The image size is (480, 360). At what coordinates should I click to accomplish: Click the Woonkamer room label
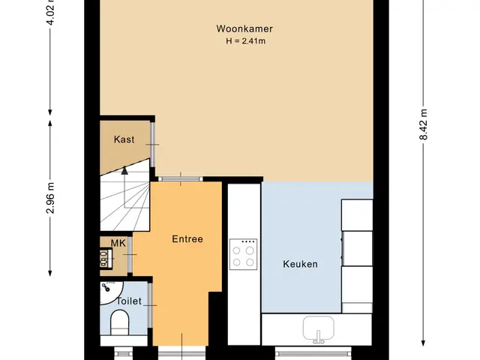(x=244, y=28)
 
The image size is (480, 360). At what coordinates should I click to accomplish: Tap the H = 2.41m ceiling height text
(x=245, y=41)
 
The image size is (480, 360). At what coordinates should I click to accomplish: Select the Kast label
(x=124, y=139)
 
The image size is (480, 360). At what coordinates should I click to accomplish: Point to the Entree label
(x=187, y=238)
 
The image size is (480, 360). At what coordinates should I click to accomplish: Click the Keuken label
(x=300, y=264)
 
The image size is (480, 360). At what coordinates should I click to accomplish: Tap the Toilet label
(x=129, y=301)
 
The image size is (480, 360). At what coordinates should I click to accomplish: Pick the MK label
(x=118, y=243)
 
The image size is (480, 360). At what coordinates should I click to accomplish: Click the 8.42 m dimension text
(x=423, y=124)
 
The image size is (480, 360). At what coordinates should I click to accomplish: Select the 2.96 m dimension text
(x=50, y=198)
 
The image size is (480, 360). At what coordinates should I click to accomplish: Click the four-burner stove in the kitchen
(x=243, y=254)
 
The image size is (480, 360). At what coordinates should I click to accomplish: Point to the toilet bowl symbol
(x=119, y=322)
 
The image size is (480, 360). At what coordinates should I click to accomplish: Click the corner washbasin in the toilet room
(x=111, y=292)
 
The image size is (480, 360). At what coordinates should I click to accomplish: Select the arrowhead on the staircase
(x=124, y=170)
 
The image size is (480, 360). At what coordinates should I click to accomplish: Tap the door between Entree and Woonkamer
(x=181, y=179)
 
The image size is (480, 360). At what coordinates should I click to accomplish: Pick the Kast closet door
(x=152, y=145)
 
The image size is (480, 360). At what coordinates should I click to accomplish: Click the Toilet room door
(x=150, y=305)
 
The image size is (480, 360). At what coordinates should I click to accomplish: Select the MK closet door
(x=130, y=254)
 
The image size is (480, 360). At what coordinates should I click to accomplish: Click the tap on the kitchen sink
(x=318, y=337)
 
